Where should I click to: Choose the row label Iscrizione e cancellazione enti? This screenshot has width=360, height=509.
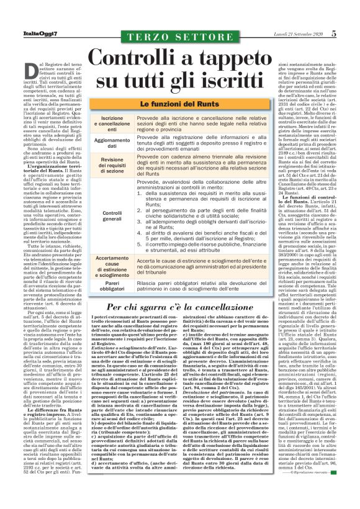coord(112,122)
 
